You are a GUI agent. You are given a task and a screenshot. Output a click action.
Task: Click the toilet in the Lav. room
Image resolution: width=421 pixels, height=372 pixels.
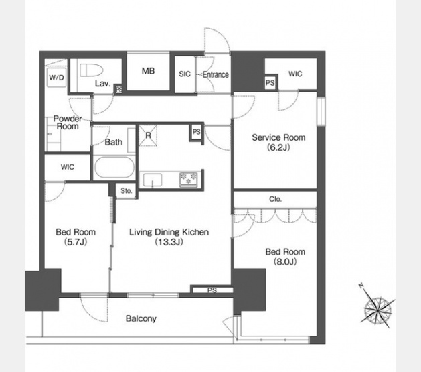click(x=92, y=70)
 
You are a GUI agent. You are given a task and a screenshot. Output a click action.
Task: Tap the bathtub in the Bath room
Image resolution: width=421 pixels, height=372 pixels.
click(x=114, y=167)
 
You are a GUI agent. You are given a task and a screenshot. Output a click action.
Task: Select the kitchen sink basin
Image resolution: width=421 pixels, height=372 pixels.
click(x=153, y=180)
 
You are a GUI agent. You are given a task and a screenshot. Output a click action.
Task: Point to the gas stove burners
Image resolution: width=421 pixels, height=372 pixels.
click(x=189, y=179)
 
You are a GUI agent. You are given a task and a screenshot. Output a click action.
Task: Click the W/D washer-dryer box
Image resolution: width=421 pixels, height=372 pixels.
click(x=56, y=78)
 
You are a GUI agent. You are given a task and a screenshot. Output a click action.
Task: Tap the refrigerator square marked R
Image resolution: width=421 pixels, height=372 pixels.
click(x=148, y=135)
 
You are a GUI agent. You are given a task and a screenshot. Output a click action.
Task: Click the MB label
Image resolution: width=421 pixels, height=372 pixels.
click(x=148, y=71)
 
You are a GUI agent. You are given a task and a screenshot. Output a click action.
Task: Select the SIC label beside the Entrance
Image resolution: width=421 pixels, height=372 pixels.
click(x=185, y=74)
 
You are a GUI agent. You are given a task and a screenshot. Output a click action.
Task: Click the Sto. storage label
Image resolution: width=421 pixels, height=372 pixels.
click(x=127, y=191)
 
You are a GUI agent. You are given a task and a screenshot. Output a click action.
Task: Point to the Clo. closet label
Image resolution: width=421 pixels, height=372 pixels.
click(x=275, y=199)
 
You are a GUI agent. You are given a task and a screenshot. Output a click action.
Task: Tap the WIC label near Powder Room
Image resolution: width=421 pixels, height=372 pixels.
click(x=68, y=167)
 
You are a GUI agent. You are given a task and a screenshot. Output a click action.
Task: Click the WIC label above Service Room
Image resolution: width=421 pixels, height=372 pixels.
click(x=295, y=74)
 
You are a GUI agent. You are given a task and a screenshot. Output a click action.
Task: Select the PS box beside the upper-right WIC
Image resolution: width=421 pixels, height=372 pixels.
click(x=270, y=83)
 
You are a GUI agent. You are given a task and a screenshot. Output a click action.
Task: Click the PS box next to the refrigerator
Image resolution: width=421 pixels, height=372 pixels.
click(x=197, y=132)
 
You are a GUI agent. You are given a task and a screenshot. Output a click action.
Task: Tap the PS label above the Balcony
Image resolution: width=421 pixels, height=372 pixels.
click(x=212, y=290)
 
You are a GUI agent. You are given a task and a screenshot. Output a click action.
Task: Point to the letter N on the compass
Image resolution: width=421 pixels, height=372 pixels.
click(x=361, y=286)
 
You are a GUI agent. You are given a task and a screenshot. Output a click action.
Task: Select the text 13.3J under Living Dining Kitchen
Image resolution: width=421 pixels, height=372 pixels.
click(x=169, y=242)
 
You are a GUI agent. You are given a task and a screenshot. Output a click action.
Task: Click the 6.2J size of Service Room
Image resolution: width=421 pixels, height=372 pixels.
click(x=278, y=147)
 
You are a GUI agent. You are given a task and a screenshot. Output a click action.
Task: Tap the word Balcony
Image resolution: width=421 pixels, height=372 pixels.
click(x=141, y=319)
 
